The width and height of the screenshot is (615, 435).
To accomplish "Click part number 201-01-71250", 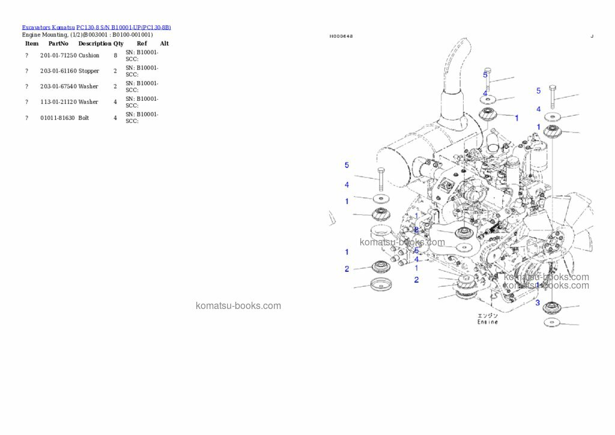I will coord(58,55).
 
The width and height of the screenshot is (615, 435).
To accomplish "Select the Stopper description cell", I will coord(89,71).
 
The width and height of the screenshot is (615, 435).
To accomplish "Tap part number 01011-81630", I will coord(58,118).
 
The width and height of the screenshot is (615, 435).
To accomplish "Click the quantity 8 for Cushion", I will coord(115,55).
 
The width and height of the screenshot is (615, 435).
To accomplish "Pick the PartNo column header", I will coord(58,43).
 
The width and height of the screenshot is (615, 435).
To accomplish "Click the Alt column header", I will coord(164,43).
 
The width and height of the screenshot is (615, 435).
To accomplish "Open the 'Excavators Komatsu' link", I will coord(48,28).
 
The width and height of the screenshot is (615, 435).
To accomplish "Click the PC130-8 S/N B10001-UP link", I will coord(124,28).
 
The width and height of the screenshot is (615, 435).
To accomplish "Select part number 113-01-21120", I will coord(58,102).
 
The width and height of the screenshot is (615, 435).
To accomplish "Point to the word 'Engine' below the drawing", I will coord(487,322).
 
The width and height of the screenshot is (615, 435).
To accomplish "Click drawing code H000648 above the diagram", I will coord(341,37).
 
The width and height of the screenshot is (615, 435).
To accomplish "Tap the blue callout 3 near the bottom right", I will coord(538,302).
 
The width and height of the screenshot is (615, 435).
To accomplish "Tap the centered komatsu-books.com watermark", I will coord(238,305).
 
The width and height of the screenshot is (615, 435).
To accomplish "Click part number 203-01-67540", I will coord(58,86).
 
